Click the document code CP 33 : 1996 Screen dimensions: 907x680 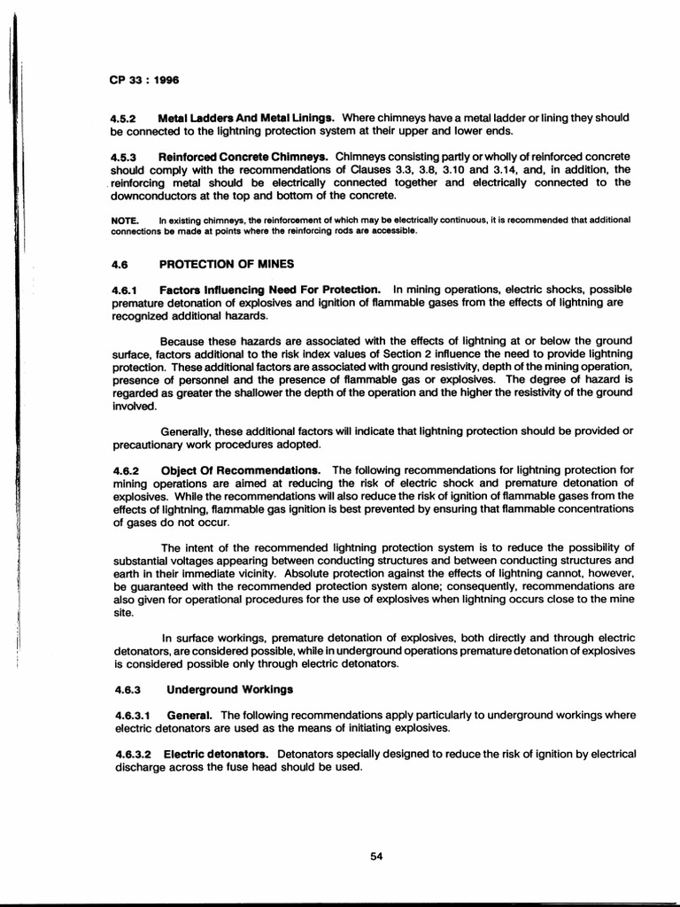(x=143, y=80)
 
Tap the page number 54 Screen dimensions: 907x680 (x=376, y=856)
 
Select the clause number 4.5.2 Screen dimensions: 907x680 (x=123, y=118)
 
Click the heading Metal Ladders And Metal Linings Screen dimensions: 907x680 (x=246, y=118)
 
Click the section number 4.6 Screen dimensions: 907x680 (x=120, y=264)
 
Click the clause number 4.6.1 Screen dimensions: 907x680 (x=124, y=290)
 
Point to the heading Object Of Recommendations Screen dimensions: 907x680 (x=241, y=469)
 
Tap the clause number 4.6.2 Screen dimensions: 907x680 (x=124, y=469)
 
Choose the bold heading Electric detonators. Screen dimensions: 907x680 (x=217, y=755)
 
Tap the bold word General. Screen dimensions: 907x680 (x=191, y=715)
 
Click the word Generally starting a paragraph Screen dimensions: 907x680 (x=190, y=431)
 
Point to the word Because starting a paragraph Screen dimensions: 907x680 (x=187, y=341)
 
